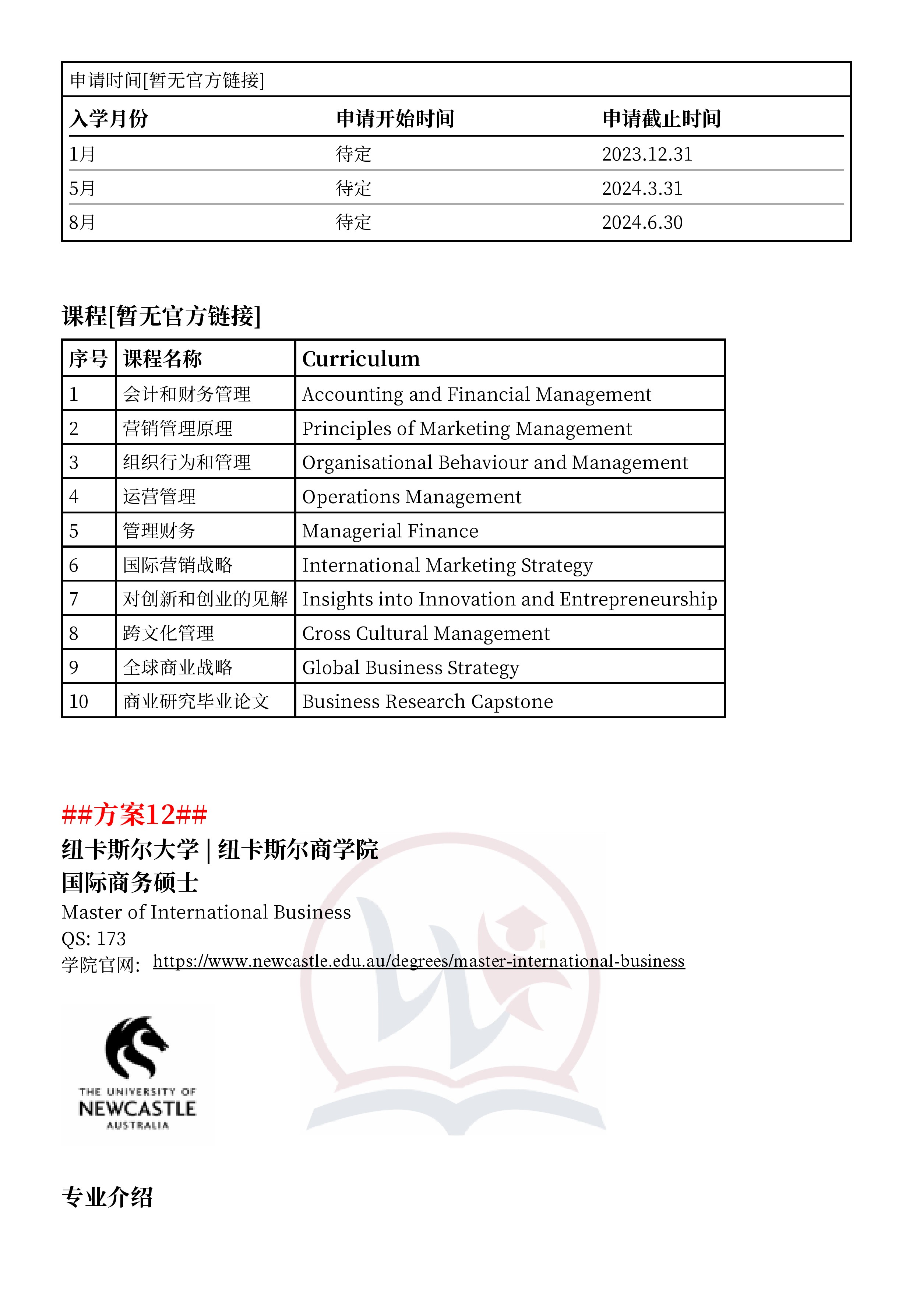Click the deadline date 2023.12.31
click(647, 154)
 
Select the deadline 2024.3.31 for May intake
click(642, 189)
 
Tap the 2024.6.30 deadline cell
click(642, 223)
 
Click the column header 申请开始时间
click(395, 119)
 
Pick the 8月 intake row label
click(82, 223)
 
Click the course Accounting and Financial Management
click(476, 394)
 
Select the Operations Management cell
click(412, 497)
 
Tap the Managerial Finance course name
click(390, 531)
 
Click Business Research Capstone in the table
click(427, 702)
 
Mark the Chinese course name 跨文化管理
click(168, 633)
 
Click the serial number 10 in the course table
click(79, 702)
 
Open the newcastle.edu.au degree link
click(419, 961)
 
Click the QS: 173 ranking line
click(94, 938)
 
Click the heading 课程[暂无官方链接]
click(162, 316)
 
